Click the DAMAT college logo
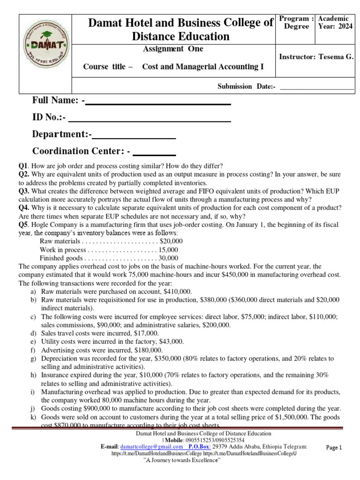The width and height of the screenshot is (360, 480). [45, 47]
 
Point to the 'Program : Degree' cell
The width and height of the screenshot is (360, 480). [296, 22]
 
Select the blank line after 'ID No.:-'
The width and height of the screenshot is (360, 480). [150, 118]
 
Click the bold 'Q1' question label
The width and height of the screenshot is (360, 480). [23, 166]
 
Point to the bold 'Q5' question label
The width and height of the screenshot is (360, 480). [24, 225]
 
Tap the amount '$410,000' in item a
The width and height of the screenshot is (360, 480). [178, 291]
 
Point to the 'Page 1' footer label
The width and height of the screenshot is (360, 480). [334, 448]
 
